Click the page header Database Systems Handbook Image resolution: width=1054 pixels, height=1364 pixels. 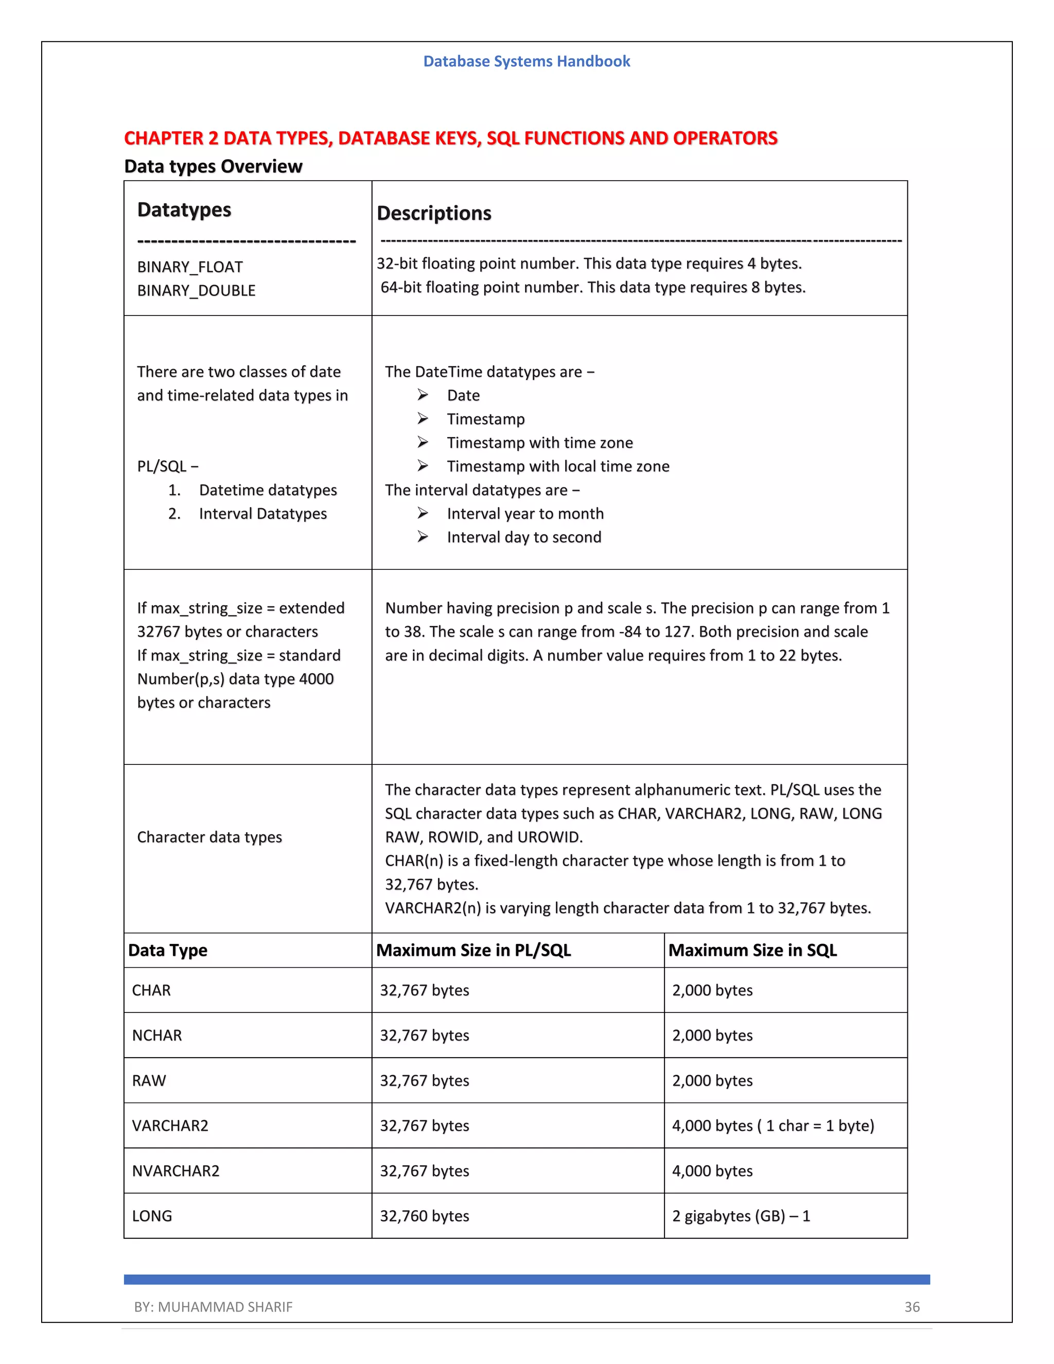coord(526,61)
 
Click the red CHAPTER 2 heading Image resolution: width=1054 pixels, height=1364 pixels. coord(450,138)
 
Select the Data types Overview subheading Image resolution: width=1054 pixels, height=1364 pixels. coord(213,167)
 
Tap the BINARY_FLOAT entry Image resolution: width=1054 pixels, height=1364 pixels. coord(190,267)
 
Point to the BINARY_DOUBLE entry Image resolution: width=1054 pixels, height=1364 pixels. coord(196,291)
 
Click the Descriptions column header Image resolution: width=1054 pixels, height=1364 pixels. coord(434,214)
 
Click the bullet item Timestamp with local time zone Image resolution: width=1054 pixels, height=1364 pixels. coord(557,466)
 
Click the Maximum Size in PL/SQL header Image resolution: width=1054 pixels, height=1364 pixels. coord(473,951)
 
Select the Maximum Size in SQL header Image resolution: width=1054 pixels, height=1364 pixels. coord(752,951)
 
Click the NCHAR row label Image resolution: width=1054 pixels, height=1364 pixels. coord(157,1036)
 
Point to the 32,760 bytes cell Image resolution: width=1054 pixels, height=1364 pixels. coord(425,1216)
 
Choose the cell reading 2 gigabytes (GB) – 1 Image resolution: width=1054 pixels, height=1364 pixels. coord(741,1216)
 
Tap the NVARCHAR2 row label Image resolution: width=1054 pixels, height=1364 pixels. coord(175,1171)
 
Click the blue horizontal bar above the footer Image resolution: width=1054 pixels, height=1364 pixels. coord(526,1280)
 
